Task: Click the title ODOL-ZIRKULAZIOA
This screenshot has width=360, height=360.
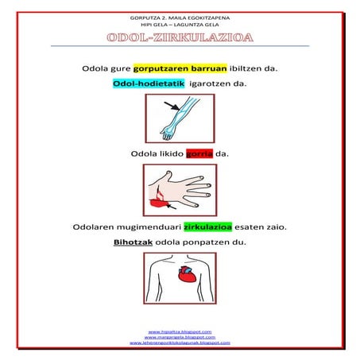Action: click(180, 38)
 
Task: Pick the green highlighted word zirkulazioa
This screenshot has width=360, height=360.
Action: click(212, 226)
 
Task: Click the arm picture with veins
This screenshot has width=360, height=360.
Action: click(179, 118)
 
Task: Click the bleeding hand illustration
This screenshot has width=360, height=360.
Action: click(180, 190)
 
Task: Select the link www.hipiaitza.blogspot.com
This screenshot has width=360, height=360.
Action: click(180, 331)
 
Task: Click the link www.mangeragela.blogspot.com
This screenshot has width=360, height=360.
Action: click(180, 337)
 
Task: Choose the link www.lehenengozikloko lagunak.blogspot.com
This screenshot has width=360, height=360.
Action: click(180, 343)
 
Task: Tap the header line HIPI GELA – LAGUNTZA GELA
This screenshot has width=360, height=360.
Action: click(180, 25)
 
